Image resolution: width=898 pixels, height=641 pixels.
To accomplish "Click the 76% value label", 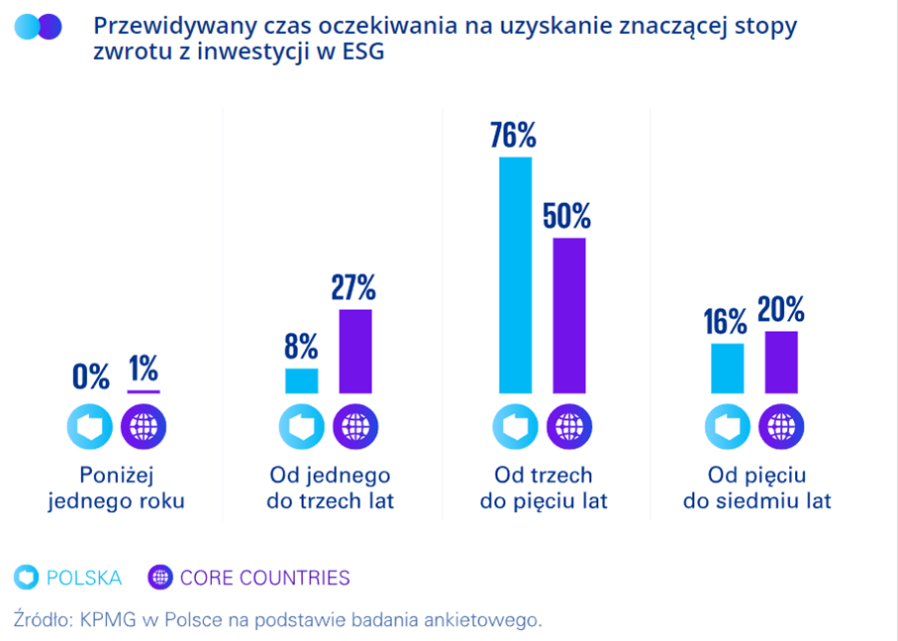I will (x=513, y=135).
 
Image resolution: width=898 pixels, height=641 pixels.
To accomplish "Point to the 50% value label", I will (x=567, y=215).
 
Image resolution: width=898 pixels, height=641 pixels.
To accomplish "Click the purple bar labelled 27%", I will (x=355, y=351).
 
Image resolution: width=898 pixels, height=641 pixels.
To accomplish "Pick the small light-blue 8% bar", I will (x=302, y=380).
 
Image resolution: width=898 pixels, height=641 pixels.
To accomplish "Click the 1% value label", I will (x=144, y=370).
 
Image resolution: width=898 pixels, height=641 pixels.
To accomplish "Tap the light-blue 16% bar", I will (x=728, y=369).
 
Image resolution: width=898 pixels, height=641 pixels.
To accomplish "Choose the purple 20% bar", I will (x=781, y=362).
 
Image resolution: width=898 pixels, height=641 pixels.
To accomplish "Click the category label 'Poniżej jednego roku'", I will (x=117, y=488).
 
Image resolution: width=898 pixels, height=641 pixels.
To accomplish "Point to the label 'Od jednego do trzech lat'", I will (x=330, y=488).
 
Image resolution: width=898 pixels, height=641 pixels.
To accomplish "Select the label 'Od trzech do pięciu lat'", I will (x=544, y=488).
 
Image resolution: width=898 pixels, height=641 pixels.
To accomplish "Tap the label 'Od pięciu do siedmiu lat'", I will (x=756, y=488).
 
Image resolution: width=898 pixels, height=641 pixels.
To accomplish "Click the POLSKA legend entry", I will (x=69, y=578).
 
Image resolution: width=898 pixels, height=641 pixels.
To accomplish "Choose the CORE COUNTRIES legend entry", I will (x=249, y=578).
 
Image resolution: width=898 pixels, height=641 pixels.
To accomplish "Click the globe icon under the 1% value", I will (x=144, y=428).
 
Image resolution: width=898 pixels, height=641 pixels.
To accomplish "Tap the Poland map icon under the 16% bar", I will (x=728, y=428).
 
